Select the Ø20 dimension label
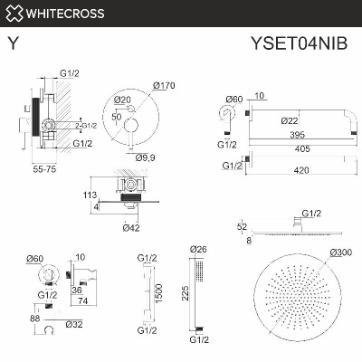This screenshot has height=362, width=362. click(x=123, y=99)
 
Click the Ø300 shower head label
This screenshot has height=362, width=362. click(x=341, y=252)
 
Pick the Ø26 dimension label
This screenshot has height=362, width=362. click(x=199, y=251)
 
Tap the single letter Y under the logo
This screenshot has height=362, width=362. click(x=11, y=42)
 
